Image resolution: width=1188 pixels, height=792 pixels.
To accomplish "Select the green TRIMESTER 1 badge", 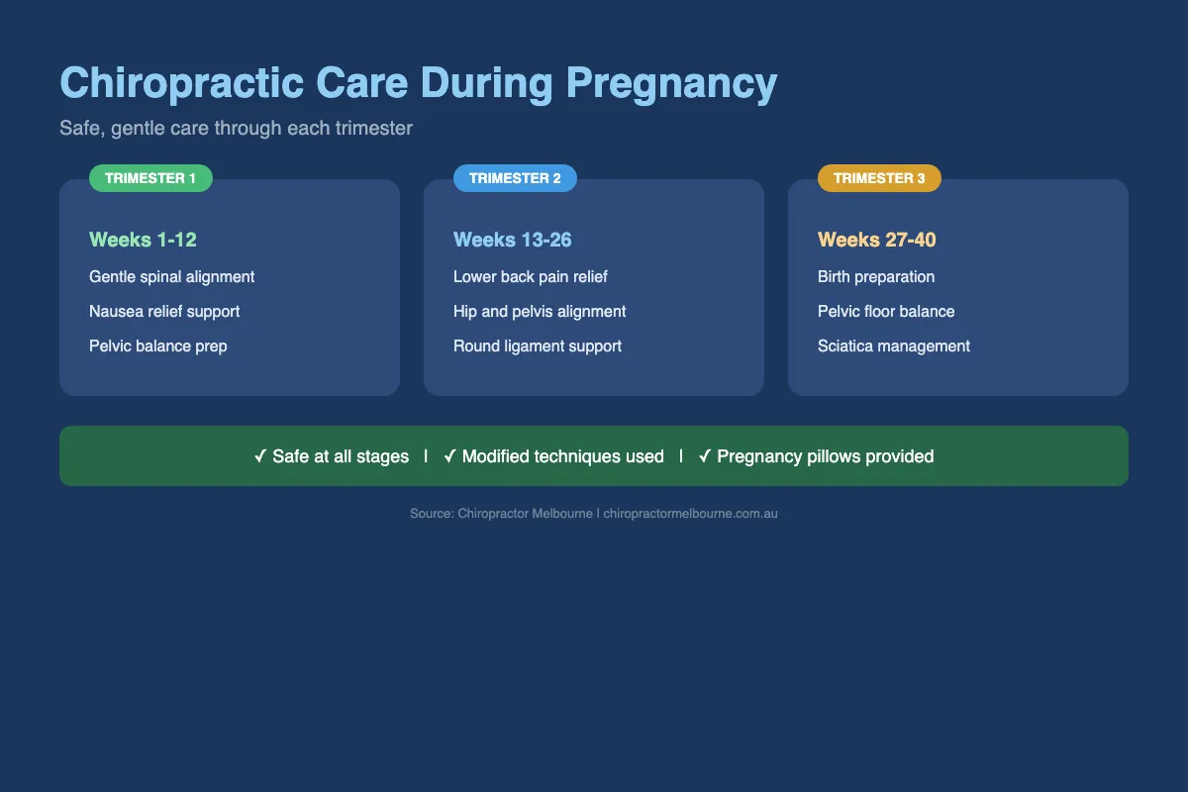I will (x=150, y=178).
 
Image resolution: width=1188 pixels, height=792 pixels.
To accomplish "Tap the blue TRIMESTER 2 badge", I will (x=515, y=178).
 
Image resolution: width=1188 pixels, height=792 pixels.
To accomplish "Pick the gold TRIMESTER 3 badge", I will (x=879, y=178).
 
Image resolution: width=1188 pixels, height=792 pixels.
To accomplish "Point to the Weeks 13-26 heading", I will (x=512, y=240).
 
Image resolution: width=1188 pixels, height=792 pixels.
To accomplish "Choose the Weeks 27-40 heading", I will (x=876, y=240).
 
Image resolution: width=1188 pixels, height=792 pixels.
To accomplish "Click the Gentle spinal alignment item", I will (x=171, y=277).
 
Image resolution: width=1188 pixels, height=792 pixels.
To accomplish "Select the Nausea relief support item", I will (x=164, y=312).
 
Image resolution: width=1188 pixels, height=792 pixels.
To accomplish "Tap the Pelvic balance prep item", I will (x=157, y=346).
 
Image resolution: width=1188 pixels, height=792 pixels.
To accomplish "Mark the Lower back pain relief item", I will (x=530, y=277).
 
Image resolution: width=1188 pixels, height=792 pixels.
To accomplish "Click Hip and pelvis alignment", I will (x=540, y=312).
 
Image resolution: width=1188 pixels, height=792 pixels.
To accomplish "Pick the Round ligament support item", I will (x=538, y=346).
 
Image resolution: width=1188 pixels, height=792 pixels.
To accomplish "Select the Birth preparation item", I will (x=876, y=277).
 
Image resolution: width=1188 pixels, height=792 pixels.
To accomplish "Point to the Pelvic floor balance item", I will (x=886, y=312).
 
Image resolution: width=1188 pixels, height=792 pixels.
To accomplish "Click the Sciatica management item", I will (x=894, y=346).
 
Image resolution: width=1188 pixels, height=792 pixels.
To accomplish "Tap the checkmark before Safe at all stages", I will (x=260, y=456).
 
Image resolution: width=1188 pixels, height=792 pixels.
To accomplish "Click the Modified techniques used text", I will (x=562, y=456).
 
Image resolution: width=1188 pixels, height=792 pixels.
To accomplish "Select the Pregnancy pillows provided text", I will (x=826, y=456).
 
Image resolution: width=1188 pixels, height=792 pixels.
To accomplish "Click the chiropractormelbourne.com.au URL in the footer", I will (x=690, y=514).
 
